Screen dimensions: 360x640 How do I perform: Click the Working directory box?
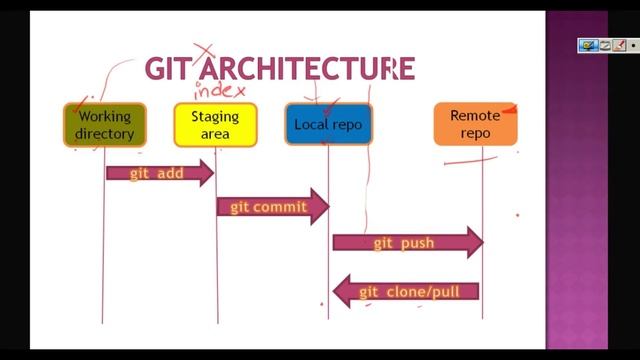[104, 125]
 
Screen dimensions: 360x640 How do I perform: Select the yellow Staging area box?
[215, 125]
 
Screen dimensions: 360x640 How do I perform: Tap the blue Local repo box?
[327, 125]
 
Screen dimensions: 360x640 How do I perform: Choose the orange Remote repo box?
[474, 124]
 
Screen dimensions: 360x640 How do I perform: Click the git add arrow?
[160, 173]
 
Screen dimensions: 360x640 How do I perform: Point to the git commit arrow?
[273, 207]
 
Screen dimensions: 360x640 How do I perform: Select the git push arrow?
[407, 242]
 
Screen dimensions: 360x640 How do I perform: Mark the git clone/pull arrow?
[406, 292]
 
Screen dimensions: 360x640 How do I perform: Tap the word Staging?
[215, 116]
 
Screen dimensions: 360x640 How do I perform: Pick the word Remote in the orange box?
[474, 115]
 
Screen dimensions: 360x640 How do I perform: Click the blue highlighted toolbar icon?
[588, 45]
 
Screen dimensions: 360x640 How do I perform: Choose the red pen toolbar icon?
[618, 45]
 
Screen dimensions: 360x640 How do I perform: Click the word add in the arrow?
[171, 173]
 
